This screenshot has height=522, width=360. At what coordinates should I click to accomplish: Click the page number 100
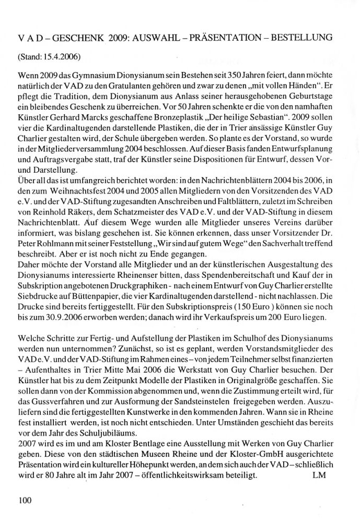pos(25,500)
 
